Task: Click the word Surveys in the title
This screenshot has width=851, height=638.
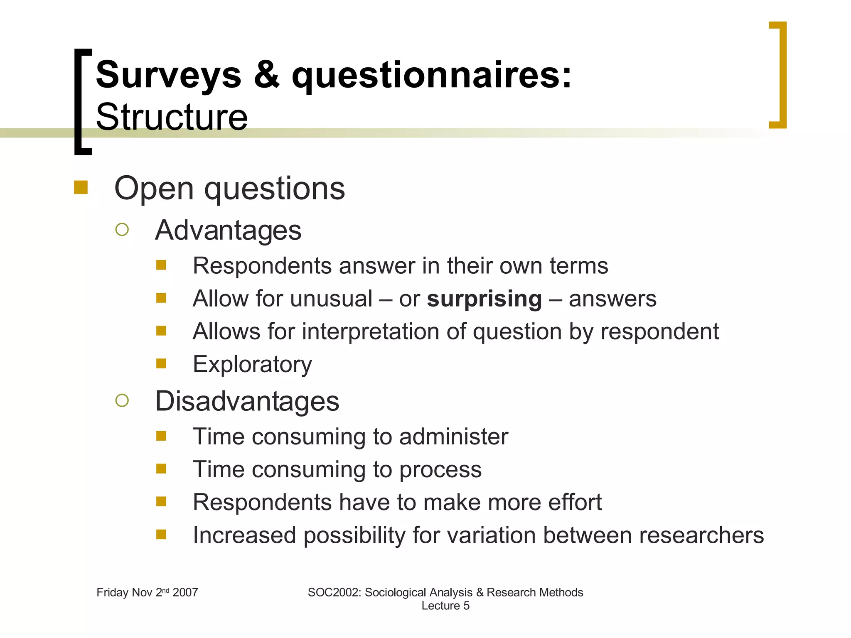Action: pos(168,75)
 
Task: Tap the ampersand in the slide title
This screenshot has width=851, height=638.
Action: pos(266,75)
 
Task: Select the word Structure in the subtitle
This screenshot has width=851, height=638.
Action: pos(172,118)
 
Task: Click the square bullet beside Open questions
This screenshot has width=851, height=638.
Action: pos(81,188)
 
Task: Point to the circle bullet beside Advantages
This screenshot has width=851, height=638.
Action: pos(122,229)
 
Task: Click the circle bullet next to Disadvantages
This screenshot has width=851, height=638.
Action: pos(122,400)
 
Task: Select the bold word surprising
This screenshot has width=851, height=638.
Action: pos(484,299)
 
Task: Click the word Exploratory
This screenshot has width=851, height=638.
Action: pos(252,364)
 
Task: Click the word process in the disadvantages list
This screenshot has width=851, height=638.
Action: pos(440,469)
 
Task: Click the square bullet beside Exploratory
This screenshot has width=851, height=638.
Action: pos(161,364)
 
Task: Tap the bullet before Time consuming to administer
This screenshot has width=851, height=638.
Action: pos(161,436)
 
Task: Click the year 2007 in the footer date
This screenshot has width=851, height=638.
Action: pos(185,592)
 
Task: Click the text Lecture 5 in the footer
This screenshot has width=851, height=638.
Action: pos(445,606)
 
